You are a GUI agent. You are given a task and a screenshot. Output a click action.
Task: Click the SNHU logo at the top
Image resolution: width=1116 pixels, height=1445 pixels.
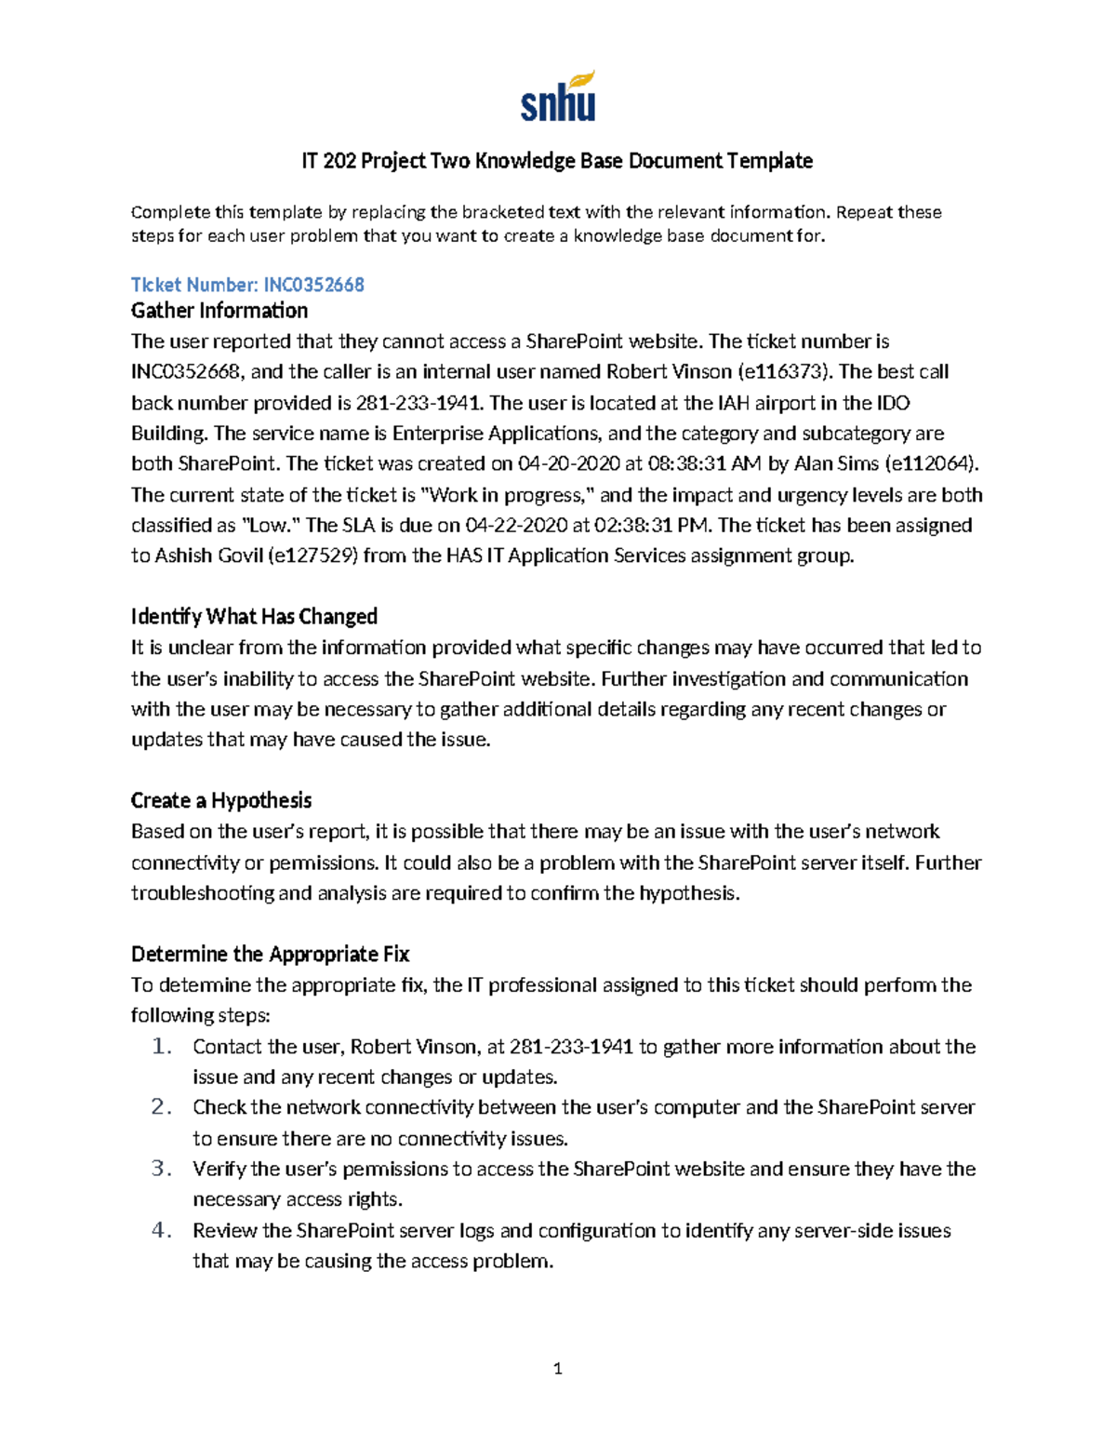(x=557, y=98)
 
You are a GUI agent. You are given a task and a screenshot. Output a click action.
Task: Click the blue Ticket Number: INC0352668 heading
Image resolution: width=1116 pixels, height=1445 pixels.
(x=247, y=285)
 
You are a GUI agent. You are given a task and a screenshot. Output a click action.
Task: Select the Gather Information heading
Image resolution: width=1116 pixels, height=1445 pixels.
(x=219, y=311)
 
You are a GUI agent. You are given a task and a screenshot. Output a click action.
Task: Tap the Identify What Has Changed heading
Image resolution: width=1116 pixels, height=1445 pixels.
(x=254, y=617)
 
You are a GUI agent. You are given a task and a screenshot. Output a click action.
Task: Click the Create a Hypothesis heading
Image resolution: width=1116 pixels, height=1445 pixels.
(x=221, y=800)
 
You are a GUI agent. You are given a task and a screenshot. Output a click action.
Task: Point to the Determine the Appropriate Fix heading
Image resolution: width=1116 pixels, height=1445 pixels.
(x=270, y=954)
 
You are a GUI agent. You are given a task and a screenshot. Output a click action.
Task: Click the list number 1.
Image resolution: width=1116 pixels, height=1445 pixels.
(x=162, y=1047)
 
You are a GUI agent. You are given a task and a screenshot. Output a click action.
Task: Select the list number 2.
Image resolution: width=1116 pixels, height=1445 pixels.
(x=162, y=1107)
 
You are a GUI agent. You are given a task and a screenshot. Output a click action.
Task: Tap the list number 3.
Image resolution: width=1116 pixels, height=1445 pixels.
(x=162, y=1169)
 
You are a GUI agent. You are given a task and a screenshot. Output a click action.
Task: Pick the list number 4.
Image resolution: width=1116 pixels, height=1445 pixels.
(x=162, y=1230)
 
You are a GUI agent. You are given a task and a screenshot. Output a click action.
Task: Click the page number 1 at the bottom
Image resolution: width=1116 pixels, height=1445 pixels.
(x=557, y=1368)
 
